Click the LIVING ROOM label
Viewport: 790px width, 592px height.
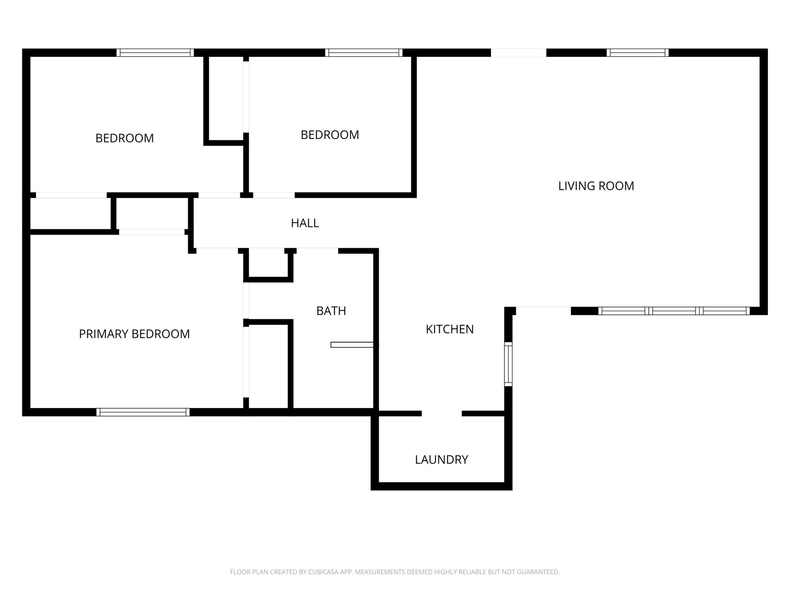coord(596,186)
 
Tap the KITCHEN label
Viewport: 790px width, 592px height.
coord(450,329)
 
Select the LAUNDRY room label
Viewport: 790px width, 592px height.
coord(441,459)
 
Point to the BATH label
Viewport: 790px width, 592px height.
coord(331,311)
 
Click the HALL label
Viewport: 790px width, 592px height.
coord(305,223)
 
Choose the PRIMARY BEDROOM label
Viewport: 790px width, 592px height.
coord(134,334)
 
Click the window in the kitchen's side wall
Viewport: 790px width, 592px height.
coord(508,364)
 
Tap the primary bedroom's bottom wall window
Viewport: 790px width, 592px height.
coord(143,412)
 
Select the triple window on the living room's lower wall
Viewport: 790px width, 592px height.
coord(674,311)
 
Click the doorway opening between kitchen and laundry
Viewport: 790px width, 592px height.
coord(442,413)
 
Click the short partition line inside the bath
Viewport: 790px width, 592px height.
coord(352,345)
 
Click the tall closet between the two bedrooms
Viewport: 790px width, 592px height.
coord(226,98)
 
